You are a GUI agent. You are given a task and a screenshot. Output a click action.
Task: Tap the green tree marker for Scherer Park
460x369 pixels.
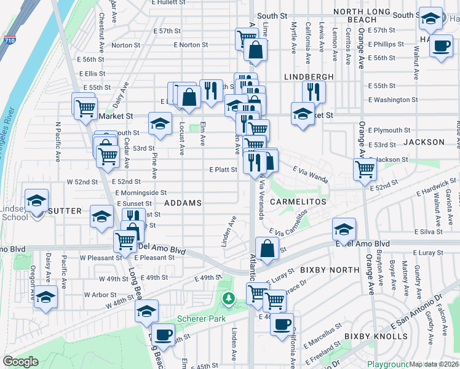(229, 300)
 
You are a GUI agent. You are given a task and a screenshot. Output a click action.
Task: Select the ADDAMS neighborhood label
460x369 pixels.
(183, 202)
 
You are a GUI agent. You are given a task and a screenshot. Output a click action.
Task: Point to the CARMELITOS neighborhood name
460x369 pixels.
(296, 202)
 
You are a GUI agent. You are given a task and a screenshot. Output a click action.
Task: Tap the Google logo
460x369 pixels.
(20, 362)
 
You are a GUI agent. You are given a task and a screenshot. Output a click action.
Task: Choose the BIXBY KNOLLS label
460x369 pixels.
(375, 336)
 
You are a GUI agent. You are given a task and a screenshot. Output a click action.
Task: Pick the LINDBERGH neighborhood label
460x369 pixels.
(309, 77)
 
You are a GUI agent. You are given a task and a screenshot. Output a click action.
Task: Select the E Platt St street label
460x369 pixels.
(223, 169)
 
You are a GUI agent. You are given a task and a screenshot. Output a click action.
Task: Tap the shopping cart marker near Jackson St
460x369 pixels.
(365, 169)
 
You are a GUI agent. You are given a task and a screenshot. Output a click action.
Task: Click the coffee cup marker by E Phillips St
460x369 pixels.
(440, 46)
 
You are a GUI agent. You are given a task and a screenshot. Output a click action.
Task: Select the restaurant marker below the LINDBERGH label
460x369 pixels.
(314, 92)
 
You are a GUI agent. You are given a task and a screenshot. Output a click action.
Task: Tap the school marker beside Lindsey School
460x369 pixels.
(36, 201)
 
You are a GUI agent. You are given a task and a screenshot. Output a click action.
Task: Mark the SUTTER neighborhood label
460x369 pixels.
(65, 211)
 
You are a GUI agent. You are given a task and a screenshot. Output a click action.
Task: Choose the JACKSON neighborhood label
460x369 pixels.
(424, 142)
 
